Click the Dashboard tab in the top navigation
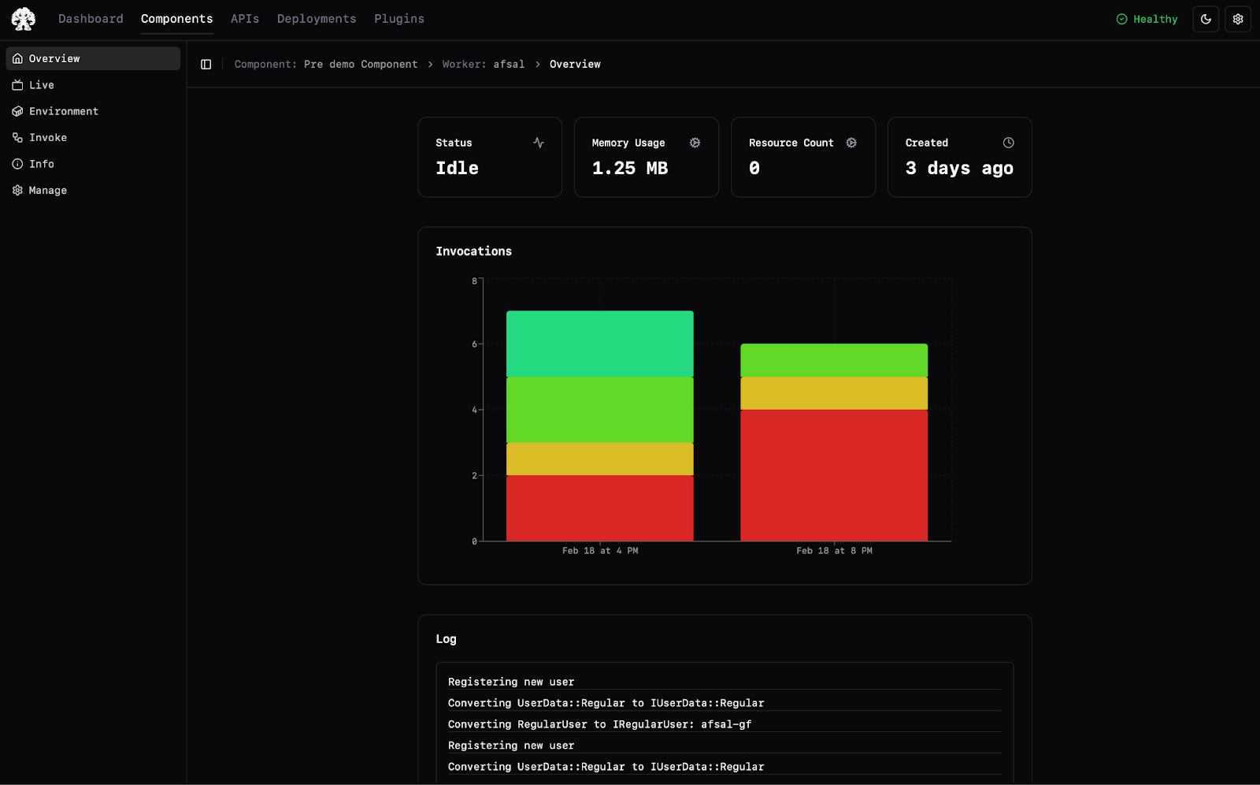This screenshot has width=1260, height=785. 91,19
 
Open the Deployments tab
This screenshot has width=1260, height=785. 317,19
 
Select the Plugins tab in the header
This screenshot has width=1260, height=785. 399,19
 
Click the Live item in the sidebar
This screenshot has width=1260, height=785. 41,85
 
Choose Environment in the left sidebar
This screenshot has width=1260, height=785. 64,111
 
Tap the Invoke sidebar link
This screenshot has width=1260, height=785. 48,137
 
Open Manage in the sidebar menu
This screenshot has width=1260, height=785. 48,190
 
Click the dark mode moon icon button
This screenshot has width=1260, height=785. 1206,19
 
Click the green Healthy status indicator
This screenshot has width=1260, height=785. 1147,19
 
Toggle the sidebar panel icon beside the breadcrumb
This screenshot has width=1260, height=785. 206,64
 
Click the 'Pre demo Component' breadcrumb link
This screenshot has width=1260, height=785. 361,64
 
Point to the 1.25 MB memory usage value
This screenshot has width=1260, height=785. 629,168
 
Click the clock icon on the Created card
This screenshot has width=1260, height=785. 1008,143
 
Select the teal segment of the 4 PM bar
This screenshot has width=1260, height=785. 599,344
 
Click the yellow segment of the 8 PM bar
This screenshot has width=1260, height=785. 834,393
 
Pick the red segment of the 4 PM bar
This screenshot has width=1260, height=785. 599,508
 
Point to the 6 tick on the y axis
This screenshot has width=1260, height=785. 474,344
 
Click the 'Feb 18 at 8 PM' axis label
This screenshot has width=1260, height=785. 834,551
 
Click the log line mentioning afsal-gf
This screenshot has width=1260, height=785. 599,724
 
